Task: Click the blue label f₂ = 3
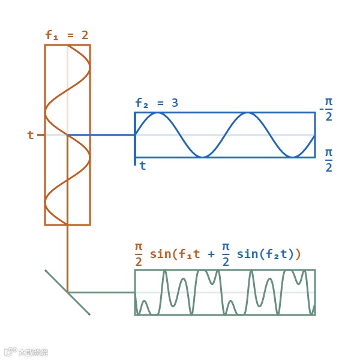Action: point(157,103)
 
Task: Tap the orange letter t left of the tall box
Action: point(31,135)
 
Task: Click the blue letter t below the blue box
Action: point(143,166)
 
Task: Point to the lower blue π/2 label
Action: point(329,160)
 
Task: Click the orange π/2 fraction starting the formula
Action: point(139,254)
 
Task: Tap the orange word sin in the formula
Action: point(160,254)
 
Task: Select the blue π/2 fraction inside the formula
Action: point(226,254)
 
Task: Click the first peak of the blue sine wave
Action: point(158,113)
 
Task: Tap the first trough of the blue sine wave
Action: point(203,157)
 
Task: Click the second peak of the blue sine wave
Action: point(247,113)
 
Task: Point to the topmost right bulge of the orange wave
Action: point(89,68)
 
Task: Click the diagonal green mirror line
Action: point(67,292)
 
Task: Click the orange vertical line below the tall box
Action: point(67,258)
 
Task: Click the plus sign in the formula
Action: point(211,254)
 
